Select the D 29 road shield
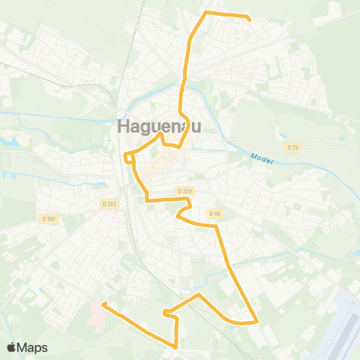[x=292, y=148]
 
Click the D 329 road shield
[x=184, y=191]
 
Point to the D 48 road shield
[x=215, y=213]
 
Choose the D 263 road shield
[x=109, y=203]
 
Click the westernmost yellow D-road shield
[x=49, y=218]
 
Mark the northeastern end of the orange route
[x=249, y=20]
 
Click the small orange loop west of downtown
[x=129, y=157]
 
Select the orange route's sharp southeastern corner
[x=257, y=322]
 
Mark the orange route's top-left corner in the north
[x=206, y=13]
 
